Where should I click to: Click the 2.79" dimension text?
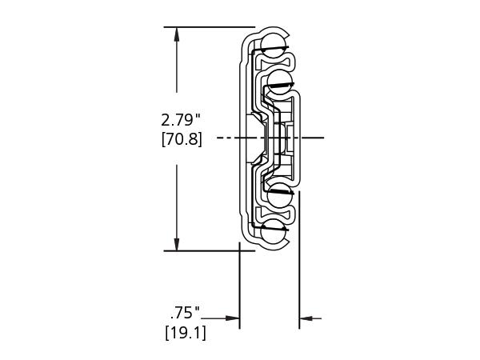tap(181, 120)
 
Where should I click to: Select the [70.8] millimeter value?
tap(182, 140)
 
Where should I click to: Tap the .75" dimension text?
tap(185, 313)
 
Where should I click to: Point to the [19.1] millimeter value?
tap(186, 333)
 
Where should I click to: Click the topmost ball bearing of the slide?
tap(274, 46)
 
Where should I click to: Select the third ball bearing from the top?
tap(279, 195)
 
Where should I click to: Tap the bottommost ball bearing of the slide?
tap(274, 232)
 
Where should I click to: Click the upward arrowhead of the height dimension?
tap(176, 34)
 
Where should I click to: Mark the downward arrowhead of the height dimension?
tap(176, 244)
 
